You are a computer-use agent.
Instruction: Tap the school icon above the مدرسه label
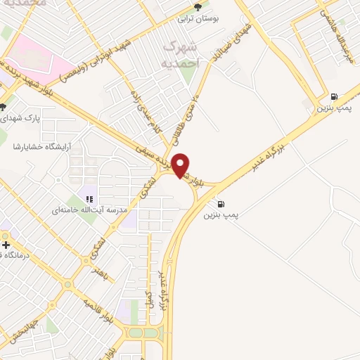coord(90,198)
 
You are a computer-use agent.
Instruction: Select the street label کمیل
coord(146,299)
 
